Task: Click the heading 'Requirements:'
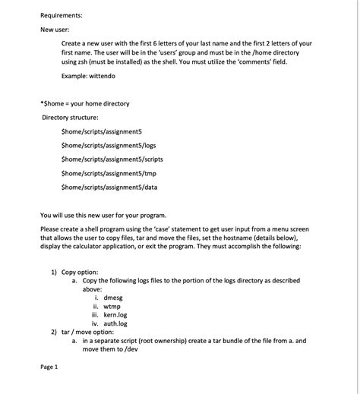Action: pos(62,14)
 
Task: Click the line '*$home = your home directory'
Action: pos(84,103)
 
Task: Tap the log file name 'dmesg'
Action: pos(113,298)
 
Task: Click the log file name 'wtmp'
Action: pos(112,306)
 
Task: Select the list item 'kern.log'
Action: pos(115,314)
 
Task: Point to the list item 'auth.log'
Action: pos(115,323)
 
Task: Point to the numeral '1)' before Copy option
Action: pos(54,272)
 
